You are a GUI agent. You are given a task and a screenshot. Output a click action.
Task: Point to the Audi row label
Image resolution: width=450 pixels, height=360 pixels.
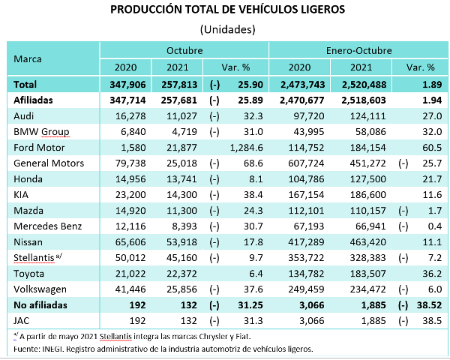click(25, 115)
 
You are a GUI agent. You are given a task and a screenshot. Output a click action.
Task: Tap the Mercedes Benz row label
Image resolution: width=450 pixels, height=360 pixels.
click(46, 226)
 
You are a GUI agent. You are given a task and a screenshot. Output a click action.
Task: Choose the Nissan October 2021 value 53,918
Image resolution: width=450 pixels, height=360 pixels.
click(177, 241)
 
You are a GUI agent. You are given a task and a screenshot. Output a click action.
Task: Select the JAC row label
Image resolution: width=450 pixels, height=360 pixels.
click(22, 320)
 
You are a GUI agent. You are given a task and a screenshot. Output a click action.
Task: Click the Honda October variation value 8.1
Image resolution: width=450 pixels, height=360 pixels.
click(247, 178)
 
